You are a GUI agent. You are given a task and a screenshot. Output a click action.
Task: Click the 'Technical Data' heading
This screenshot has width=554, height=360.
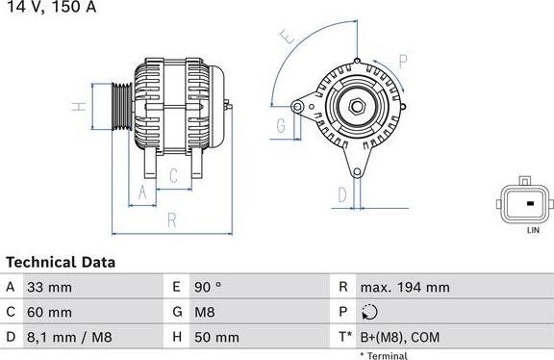[61, 262]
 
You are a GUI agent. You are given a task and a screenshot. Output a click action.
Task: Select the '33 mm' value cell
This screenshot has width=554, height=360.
[50, 287]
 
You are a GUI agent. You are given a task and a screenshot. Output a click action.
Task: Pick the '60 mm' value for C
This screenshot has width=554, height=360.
[50, 312]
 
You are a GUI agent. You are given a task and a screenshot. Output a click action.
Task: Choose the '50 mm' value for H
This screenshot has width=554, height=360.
[217, 337]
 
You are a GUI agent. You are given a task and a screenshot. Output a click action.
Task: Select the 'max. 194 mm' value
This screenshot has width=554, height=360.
[404, 287]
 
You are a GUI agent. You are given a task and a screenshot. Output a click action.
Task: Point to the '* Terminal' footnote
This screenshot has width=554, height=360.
[383, 355]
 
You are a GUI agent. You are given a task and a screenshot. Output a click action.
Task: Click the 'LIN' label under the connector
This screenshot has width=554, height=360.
[531, 232]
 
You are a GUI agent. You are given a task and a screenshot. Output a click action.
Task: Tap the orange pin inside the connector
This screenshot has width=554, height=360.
[529, 204]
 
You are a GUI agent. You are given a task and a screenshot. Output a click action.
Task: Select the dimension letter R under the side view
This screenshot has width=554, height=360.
[171, 219]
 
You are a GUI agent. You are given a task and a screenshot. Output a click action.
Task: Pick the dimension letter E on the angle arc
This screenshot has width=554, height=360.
[287, 39]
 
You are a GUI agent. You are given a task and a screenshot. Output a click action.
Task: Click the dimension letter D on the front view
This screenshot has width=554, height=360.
[340, 195]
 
